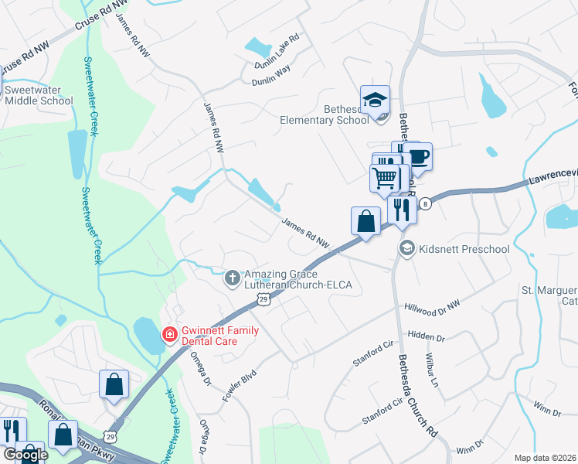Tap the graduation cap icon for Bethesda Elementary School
tap(375, 101)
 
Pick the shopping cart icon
tap(384, 179)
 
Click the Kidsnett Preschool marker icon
tap(406, 248)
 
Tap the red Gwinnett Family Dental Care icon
tap(168, 335)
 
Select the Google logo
tap(25, 455)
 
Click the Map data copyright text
tap(545, 458)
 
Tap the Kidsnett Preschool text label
tap(464, 249)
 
